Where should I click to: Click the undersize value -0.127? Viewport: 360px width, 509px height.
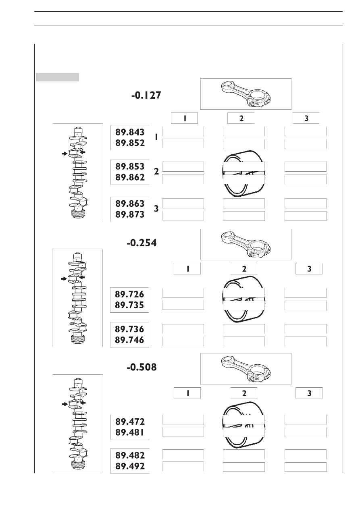click(146, 95)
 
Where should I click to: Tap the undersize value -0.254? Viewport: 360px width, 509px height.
click(142, 243)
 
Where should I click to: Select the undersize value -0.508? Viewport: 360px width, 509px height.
click(142, 367)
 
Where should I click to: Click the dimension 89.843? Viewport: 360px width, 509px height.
click(130, 132)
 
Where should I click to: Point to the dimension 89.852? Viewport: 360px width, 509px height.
click(130, 143)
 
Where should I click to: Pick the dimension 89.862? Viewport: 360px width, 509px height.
click(130, 177)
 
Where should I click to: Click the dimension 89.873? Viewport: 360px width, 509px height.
click(130, 214)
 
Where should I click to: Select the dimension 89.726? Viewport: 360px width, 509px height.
click(129, 294)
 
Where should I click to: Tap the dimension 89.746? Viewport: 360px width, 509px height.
click(129, 340)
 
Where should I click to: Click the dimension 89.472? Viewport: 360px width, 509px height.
click(130, 422)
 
